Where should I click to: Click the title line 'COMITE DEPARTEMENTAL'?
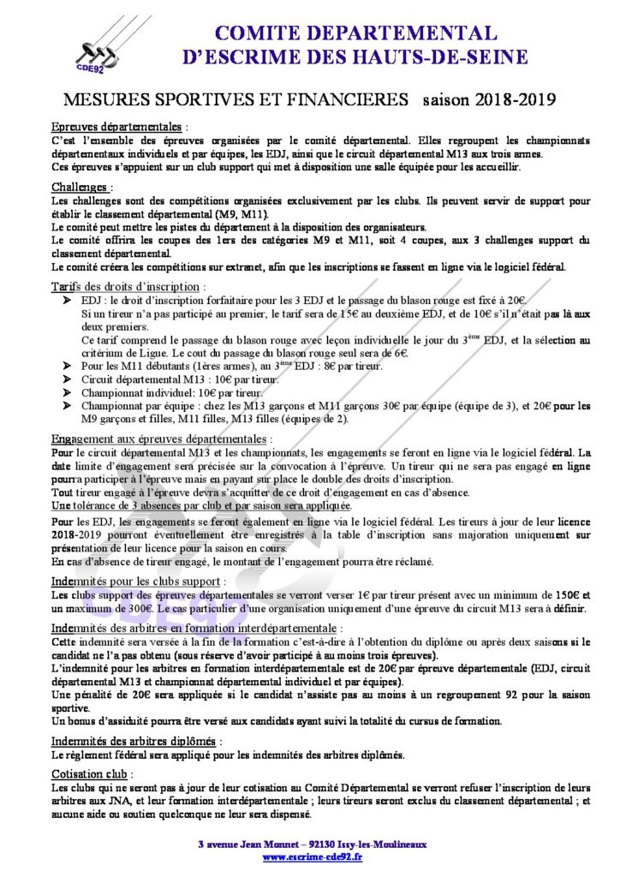click(355, 33)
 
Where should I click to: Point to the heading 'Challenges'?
click(80, 187)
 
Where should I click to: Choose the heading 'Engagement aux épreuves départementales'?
click(160, 438)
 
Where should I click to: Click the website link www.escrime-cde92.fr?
click(311, 856)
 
